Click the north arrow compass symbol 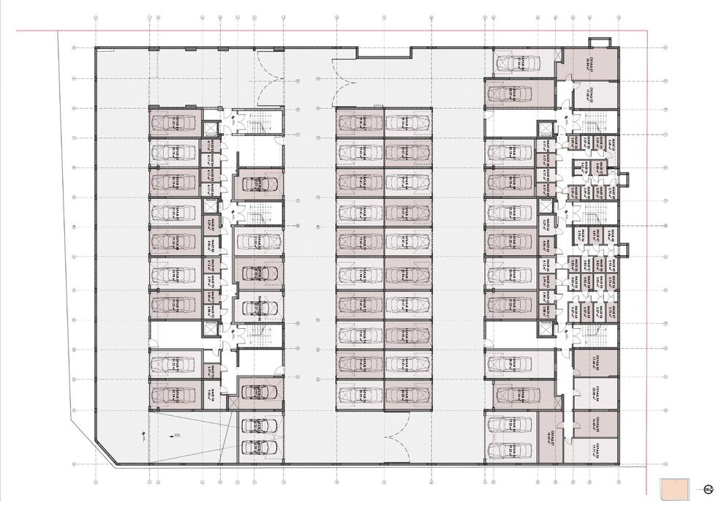709,489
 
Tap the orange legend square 673,488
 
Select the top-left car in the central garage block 358,122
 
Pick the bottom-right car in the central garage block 407,395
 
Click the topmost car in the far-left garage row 174,123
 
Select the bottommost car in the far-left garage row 173,395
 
